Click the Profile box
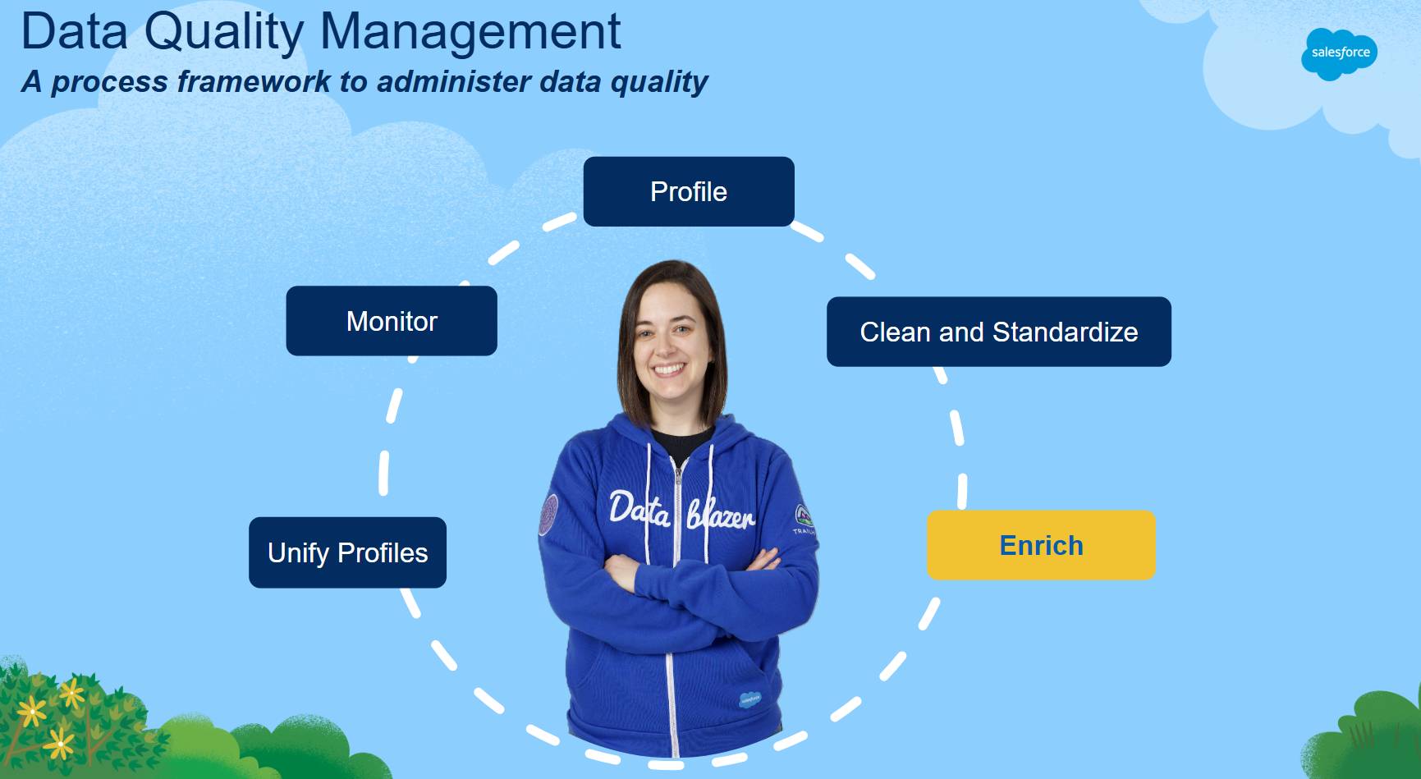pos(689,191)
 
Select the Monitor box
pos(392,321)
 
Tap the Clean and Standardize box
pos(999,332)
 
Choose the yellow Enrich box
pos(1041,545)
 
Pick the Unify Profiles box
pos(347,552)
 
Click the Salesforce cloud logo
pos(1339,53)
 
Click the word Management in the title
pos(470,33)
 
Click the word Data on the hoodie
pos(639,509)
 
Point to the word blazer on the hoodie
pos(721,514)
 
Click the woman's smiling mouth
pos(668,369)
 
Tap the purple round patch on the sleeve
pos(548,515)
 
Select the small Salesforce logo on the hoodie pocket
pos(749,700)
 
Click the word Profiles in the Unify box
pos(383,553)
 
